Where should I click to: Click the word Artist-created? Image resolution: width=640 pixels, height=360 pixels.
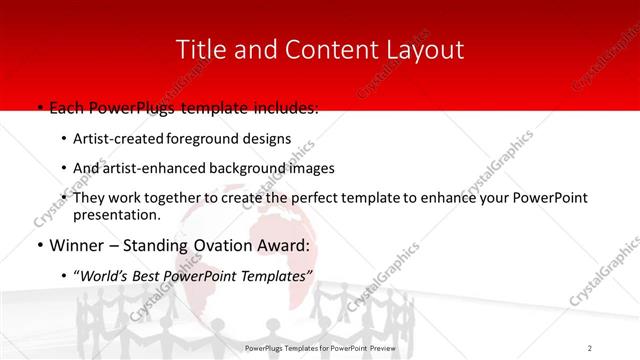coord(119,139)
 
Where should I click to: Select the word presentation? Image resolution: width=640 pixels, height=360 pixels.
coord(117,214)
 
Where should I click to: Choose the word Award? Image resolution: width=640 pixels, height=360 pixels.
coord(288,245)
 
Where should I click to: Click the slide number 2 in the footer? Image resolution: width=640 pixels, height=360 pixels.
coord(590,347)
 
